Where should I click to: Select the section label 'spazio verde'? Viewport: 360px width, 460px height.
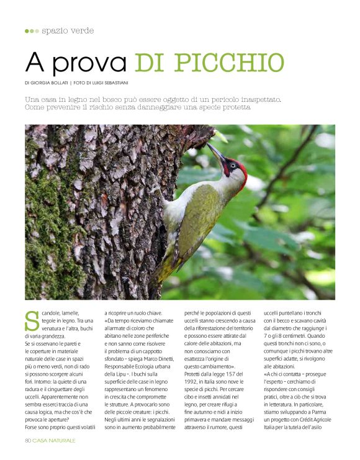68,30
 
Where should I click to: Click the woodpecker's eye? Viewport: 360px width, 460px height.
232,165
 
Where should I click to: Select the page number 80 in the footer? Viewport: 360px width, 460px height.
28,440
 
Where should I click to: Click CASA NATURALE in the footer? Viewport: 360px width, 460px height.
54,440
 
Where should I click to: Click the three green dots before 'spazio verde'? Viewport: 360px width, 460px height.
32,30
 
